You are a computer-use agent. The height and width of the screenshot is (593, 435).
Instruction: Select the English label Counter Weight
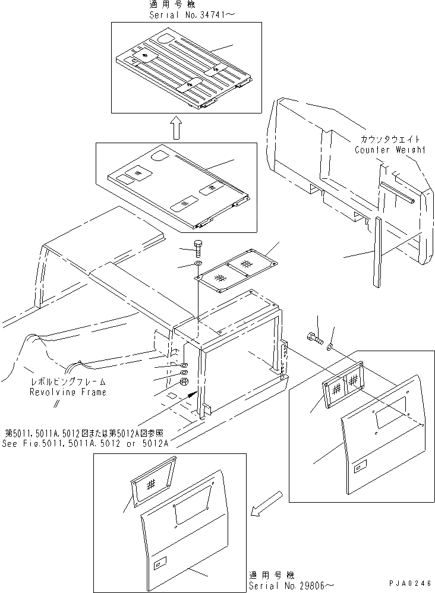[x=390, y=150]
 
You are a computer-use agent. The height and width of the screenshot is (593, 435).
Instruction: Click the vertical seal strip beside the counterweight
[x=376, y=253]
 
